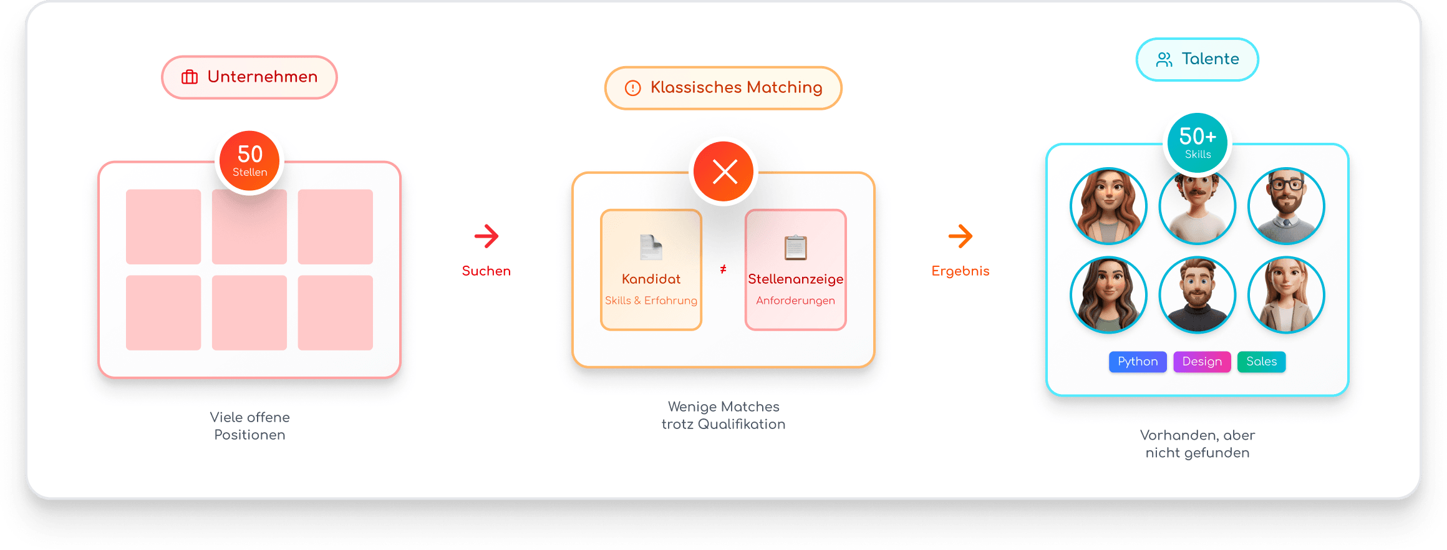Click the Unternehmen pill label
tap(249, 77)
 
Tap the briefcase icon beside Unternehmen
tap(190, 77)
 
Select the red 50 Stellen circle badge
tap(249, 162)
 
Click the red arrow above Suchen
tap(486, 236)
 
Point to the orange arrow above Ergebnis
tap(961, 236)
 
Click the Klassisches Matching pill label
tap(723, 88)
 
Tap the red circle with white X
tap(724, 171)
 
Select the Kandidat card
tap(651, 269)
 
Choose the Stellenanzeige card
tap(795, 269)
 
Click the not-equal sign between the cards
tap(723, 269)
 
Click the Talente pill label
tap(1197, 59)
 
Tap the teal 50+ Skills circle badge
tap(1197, 143)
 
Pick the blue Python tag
tap(1138, 362)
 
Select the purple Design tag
tap(1202, 362)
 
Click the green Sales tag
tap(1261, 362)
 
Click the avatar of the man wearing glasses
tap(1286, 206)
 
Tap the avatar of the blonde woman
tap(1286, 295)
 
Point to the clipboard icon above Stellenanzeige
tap(795, 248)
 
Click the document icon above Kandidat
tap(651, 248)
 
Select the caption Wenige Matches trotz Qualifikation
tap(723, 415)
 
